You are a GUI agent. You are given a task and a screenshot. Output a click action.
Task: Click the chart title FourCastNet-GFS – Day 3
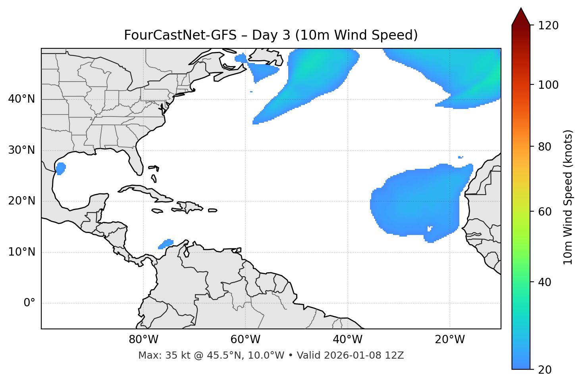point(271,35)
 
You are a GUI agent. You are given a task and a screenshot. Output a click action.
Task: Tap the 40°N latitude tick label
point(21,99)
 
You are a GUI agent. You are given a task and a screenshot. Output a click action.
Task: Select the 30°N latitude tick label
point(21,150)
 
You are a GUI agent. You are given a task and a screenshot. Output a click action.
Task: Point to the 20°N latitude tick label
point(21,201)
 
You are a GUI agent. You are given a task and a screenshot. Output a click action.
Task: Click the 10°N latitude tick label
point(21,252)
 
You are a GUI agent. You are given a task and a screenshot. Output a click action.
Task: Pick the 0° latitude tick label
point(29,303)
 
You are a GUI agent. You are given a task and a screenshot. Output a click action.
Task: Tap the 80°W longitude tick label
point(143,340)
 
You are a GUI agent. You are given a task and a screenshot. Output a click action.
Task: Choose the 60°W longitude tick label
point(245,340)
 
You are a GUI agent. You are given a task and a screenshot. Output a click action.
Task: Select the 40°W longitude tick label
point(347,340)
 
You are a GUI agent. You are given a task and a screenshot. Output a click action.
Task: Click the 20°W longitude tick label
point(449,340)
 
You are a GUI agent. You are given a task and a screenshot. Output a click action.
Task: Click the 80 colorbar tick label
point(545,147)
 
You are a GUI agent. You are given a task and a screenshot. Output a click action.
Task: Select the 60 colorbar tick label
point(545,212)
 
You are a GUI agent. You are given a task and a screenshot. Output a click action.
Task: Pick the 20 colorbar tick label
point(545,370)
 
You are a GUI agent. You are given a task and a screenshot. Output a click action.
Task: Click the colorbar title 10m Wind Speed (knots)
point(568,197)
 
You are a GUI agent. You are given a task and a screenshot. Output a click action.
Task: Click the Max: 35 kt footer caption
point(271,355)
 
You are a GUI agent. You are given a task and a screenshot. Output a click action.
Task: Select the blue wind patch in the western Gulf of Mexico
point(60,168)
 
